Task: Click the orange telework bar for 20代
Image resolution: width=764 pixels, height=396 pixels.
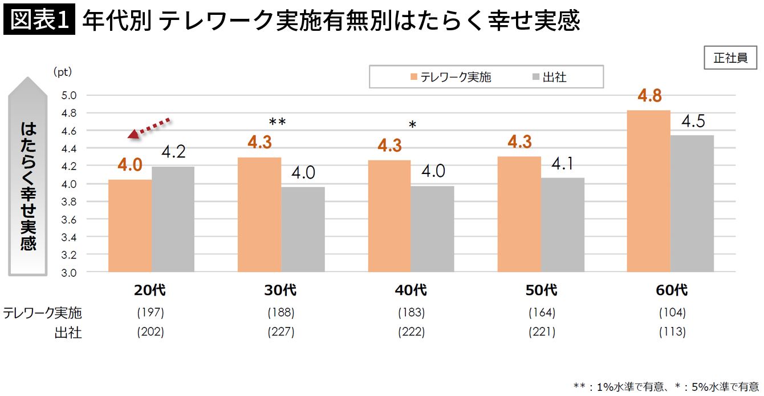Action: pos(130,226)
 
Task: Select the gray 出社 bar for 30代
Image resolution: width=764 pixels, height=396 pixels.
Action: pos(303,229)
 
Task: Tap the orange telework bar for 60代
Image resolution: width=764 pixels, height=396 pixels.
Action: pos(648,191)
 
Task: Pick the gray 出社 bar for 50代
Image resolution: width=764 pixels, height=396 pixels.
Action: pos(562,225)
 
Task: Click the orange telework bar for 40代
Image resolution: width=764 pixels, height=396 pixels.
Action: pos(389,216)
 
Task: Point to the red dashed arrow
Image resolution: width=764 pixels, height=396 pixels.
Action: pos(149,127)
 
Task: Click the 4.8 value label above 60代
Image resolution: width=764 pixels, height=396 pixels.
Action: pos(649,96)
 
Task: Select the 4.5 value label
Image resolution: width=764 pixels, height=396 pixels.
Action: pos(693,122)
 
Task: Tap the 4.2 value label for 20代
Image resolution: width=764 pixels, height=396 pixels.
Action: pos(173,152)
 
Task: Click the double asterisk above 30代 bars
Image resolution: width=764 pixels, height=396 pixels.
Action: pos(277,122)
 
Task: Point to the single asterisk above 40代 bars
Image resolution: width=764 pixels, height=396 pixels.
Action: pos(413,125)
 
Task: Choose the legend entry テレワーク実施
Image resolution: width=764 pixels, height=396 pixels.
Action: pos(450,77)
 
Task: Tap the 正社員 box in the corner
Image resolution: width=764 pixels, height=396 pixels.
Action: pos(730,58)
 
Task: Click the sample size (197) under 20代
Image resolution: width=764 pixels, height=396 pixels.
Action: pos(151,313)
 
